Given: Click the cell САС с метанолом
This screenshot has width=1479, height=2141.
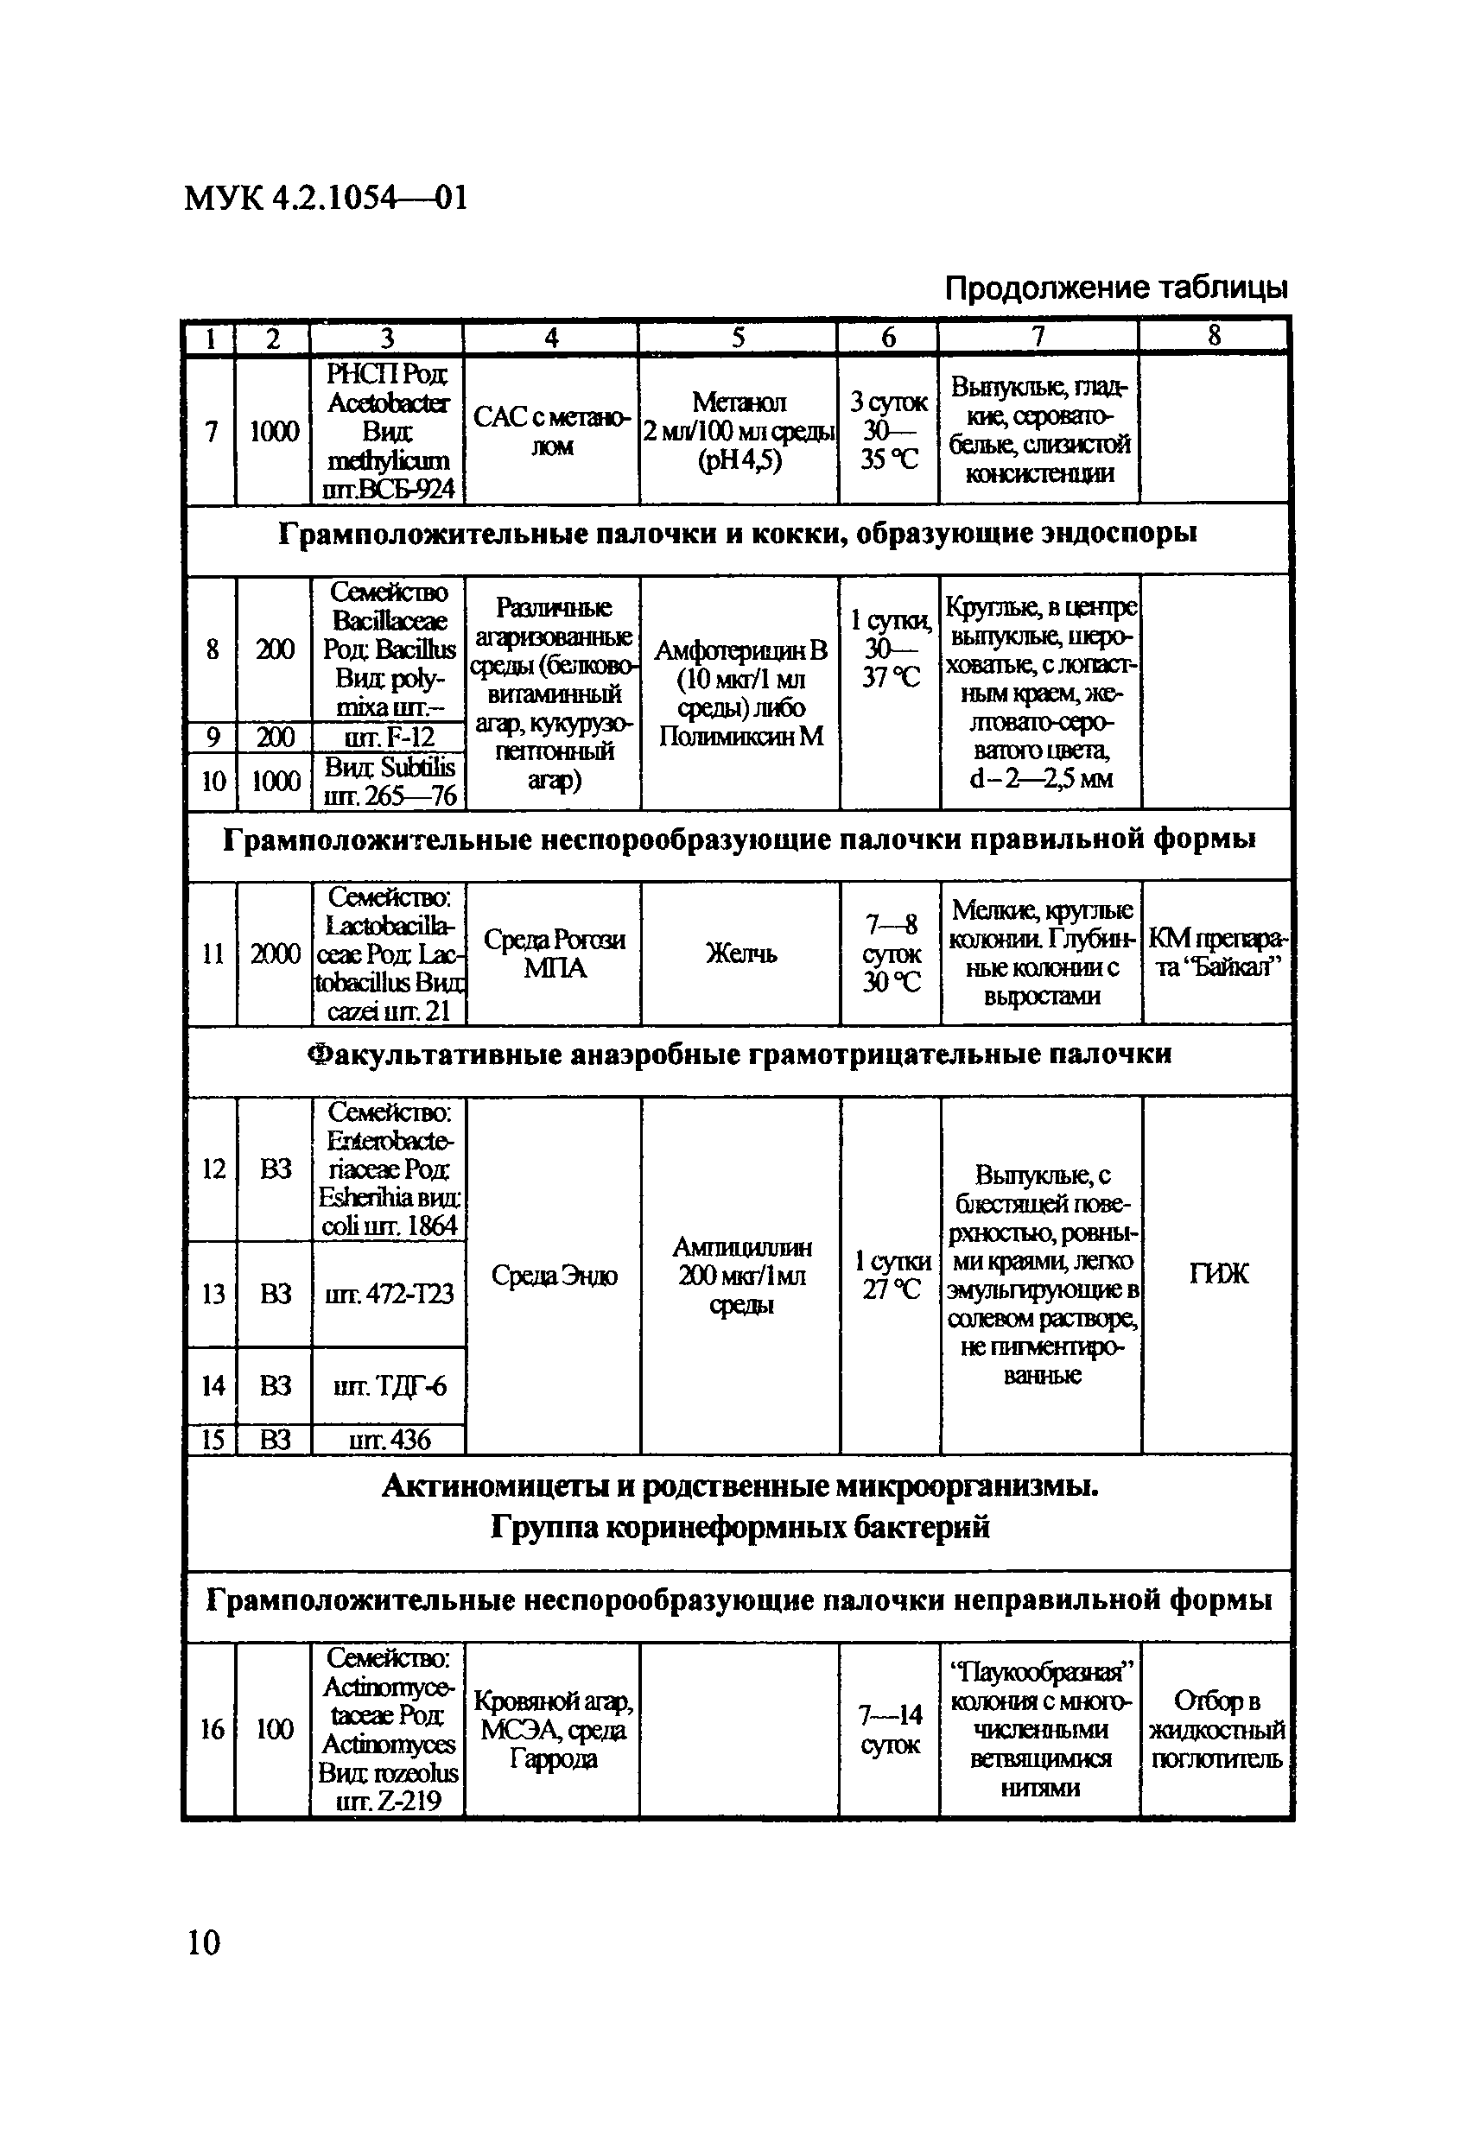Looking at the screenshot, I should pos(551,432).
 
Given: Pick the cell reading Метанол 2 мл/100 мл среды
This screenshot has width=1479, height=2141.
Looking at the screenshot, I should pos(739,431).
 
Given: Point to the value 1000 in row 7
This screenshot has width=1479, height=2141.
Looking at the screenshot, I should pos(275,432).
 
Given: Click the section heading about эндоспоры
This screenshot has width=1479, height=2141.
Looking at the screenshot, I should pos(738,535).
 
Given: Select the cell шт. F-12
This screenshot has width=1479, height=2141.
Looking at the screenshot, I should pos(388,738).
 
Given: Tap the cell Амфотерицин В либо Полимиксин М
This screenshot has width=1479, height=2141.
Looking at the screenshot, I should pos(740,693).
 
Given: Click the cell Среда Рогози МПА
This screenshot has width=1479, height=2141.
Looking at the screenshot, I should pos(554,954).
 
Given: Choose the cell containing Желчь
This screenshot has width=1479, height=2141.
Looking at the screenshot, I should pos(740,953).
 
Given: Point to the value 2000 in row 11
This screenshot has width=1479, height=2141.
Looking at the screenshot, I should pos(276,954).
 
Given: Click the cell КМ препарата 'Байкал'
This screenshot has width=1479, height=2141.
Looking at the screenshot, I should pos(1216,953).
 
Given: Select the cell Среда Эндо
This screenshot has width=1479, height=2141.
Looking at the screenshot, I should pos(554,1276).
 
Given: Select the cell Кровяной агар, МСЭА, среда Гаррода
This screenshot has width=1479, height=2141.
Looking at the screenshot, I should pos(553,1730).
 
